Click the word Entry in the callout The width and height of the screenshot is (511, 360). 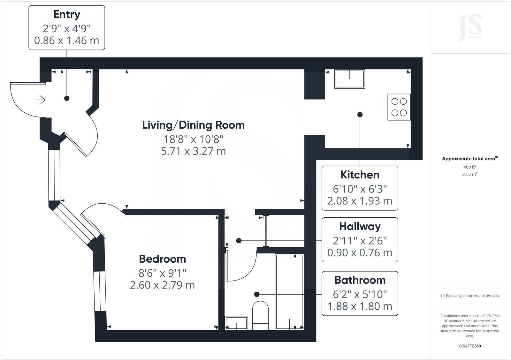point(66,15)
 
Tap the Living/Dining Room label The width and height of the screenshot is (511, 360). point(193,125)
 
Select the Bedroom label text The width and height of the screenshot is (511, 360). point(162,259)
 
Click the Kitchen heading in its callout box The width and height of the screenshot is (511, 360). point(360,175)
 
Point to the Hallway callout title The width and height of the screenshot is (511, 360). point(360,227)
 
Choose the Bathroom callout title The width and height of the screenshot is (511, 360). point(360,280)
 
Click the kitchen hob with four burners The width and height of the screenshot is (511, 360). point(399,107)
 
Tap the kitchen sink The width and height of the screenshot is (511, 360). point(349,79)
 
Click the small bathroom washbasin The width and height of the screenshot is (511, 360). point(236,323)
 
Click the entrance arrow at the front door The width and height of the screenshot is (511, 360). point(40,100)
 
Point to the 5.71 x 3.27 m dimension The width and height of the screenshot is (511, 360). point(193,151)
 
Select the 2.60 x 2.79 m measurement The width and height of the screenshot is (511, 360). point(162,285)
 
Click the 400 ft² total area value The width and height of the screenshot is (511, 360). point(469,167)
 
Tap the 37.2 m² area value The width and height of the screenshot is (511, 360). point(469,174)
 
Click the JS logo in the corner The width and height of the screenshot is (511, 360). point(470,28)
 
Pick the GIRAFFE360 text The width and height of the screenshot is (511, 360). point(469,346)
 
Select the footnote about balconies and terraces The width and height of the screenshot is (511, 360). point(469,296)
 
